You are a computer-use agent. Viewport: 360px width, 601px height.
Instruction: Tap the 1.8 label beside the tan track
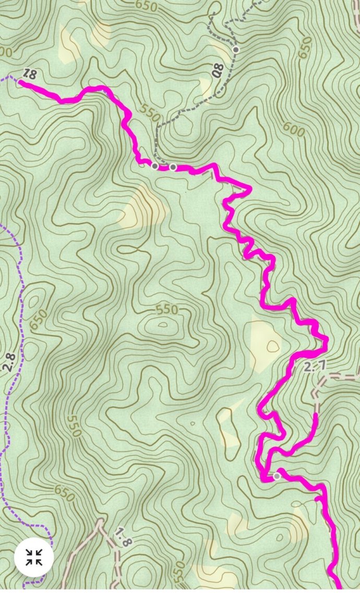[123, 537]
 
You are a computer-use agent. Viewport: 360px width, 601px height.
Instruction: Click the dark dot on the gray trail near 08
[236, 50]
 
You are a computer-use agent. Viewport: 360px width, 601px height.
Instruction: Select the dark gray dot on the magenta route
[155, 166]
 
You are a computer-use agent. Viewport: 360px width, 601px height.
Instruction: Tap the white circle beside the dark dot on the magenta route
[173, 167]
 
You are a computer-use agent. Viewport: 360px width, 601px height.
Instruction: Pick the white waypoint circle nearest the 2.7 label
[277, 476]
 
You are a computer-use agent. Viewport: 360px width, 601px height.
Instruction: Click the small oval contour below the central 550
[163, 324]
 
